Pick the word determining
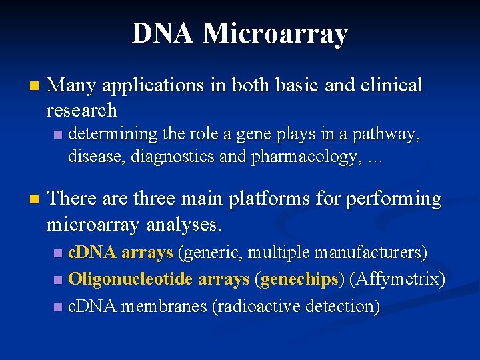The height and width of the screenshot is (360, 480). click(x=113, y=134)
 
